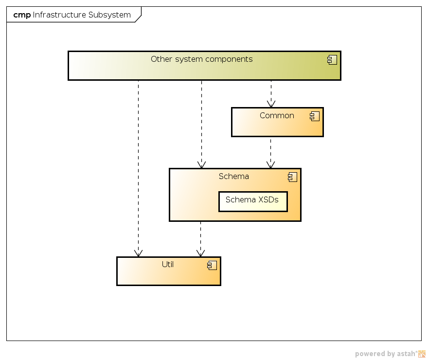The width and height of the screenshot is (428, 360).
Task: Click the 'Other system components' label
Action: click(x=201, y=59)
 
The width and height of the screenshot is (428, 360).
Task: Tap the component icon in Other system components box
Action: click(x=332, y=60)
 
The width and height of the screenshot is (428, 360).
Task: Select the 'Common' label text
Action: click(x=277, y=116)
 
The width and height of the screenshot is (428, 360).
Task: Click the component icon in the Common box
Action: click(x=315, y=116)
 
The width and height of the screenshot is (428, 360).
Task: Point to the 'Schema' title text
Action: click(x=233, y=177)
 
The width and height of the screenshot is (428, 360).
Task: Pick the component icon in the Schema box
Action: click(x=292, y=177)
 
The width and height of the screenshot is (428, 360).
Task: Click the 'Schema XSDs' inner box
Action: click(x=252, y=201)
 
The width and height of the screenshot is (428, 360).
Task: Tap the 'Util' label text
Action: click(x=168, y=265)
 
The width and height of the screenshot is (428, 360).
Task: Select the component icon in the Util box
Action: click(x=212, y=265)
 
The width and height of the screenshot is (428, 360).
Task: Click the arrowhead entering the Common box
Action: click(x=271, y=104)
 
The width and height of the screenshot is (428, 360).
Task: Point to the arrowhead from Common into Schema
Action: click(x=270, y=165)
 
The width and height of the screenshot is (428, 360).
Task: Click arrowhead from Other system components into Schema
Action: click(x=201, y=165)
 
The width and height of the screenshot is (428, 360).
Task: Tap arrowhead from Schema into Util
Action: click(x=200, y=253)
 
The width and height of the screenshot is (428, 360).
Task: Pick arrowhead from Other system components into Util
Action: click(x=138, y=253)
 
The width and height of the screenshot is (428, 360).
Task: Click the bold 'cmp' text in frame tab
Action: click(x=22, y=15)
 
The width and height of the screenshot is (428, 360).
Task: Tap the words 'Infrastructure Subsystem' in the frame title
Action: click(x=82, y=15)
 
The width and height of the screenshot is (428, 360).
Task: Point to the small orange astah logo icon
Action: click(x=422, y=354)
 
